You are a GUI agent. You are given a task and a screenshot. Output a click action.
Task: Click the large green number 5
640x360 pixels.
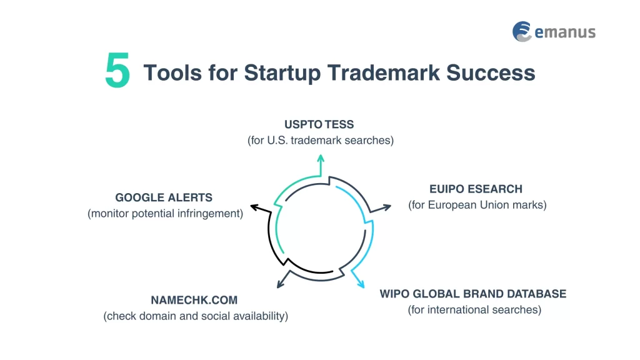click(x=117, y=72)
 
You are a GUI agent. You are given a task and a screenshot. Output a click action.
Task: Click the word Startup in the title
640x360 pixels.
click(x=283, y=72)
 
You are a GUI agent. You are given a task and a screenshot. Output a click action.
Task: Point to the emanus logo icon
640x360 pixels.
click(x=522, y=32)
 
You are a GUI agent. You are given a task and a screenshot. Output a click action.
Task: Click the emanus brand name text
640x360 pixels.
click(x=564, y=32)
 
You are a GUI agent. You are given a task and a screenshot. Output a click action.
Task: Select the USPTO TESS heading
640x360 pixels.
click(x=319, y=124)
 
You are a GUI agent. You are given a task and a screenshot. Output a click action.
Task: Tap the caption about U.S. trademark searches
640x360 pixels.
click(x=320, y=141)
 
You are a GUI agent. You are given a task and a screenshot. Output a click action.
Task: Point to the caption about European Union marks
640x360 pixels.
click(x=477, y=205)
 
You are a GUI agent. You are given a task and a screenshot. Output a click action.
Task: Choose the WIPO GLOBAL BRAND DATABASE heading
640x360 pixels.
click(x=473, y=294)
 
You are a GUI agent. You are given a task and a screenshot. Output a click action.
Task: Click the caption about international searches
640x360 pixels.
click(x=474, y=310)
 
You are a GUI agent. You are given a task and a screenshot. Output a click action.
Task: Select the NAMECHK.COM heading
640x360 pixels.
click(x=194, y=300)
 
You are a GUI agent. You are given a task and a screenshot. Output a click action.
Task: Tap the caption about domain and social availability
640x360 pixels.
click(x=196, y=316)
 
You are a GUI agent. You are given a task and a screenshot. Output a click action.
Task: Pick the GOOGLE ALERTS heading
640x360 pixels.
click(x=164, y=197)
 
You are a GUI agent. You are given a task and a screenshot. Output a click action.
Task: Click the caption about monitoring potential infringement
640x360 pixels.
click(x=165, y=214)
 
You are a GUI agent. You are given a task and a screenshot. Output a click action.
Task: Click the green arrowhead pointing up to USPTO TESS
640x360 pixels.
click(x=321, y=158)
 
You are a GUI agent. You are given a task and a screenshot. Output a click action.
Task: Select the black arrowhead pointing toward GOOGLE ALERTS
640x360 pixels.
click(x=254, y=206)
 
